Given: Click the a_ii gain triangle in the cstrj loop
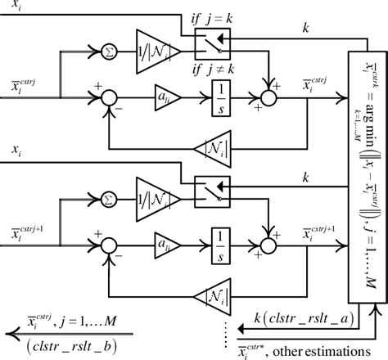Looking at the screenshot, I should pyautogui.click(x=166, y=95).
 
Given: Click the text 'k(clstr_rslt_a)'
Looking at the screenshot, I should pyautogui.click(x=305, y=317).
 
